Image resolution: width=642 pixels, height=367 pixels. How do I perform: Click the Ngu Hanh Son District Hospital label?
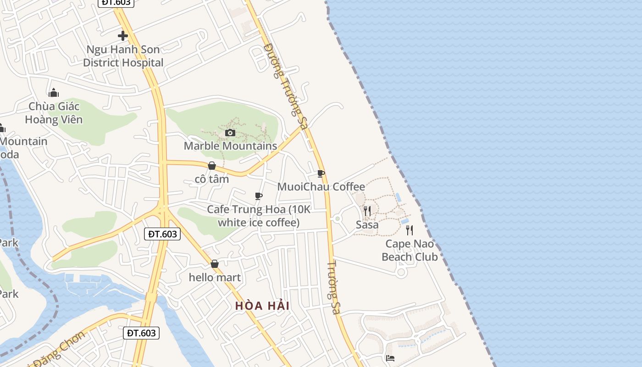coord(123,56)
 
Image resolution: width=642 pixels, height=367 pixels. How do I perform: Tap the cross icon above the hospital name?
coord(123,35)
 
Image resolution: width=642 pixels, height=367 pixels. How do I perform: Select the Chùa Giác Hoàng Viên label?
coord(54,113)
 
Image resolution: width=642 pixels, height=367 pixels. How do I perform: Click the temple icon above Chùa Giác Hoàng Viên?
coord(54,93)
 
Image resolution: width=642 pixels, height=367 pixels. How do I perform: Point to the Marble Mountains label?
coord(230,146)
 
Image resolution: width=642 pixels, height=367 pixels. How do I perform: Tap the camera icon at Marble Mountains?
coord(230,133)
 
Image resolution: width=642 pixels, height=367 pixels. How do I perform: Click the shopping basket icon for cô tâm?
coord(212,166)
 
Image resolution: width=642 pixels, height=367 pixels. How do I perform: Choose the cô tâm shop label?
coord(212,179)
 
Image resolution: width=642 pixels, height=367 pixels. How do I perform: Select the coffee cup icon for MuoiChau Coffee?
coord(321,173)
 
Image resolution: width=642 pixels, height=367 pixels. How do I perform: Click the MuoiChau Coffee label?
coord(321,187)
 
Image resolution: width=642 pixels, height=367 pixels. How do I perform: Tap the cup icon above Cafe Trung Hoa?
coord(259,196)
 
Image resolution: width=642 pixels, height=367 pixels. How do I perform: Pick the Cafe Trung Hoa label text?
coord(259,216)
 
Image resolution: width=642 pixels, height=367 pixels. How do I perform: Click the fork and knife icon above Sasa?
coord(367,211)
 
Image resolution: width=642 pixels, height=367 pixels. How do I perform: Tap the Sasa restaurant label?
coord(367,225)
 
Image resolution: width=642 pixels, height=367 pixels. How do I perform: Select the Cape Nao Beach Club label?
coord(410,250)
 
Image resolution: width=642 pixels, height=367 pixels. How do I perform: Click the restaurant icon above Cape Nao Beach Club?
coord(410,230)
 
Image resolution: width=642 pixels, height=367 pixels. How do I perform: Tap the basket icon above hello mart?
coord(214,264)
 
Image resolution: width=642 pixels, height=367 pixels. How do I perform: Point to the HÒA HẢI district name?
coord(262,306)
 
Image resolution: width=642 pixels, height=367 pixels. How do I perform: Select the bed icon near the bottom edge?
coord(390,358)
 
